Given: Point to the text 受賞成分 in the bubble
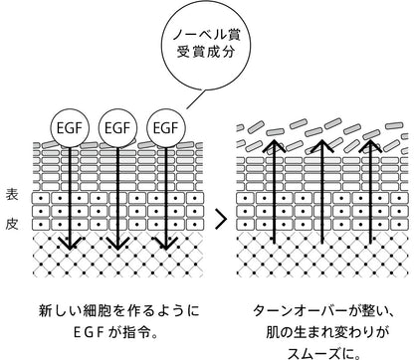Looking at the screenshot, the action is pyautogui.click(x=206, y=52).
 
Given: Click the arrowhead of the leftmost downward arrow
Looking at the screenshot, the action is pyautogui.click(x=70, y=244).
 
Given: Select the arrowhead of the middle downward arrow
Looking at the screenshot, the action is pyautogui.click(x=117, y=244).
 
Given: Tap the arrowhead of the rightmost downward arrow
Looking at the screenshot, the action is pyautogui.click(x=166, y=244).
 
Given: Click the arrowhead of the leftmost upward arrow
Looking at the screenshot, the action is pyautogui.click(x=274, y=146).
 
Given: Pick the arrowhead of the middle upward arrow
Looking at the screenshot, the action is pyautogui.click(x=322, y=146).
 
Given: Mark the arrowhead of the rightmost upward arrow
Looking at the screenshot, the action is pyautogui.click(x=370, y=146).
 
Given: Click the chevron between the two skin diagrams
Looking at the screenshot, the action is pyautogui.click(x=221, y=219).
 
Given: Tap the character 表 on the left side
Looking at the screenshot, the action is pyautogui.click(x=12, y=195).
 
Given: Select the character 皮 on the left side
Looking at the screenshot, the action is pyautogui.click(x=12, y=225).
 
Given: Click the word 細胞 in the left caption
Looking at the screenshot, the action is pyautogui.click(x=97, y=311).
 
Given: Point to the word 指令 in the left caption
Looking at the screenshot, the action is pyautogui.click(x=136, y=332).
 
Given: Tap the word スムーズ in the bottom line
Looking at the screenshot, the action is pyautogui.click(x=313, y=353).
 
